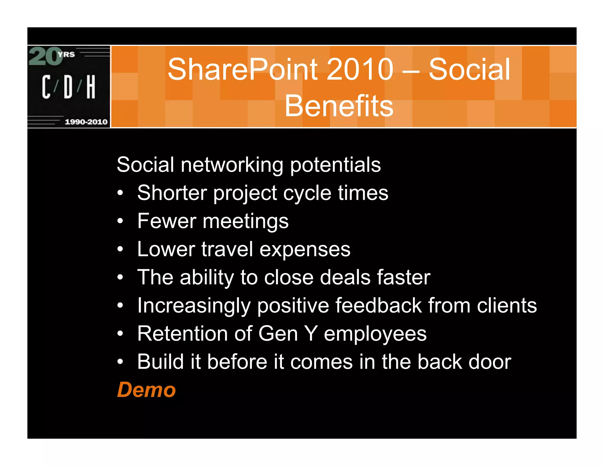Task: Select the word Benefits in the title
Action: pos(339,106)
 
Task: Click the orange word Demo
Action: pos(146,390)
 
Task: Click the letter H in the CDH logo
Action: pos(91,87)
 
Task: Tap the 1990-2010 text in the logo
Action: pos(86,122)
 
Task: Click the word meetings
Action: pos(245,221)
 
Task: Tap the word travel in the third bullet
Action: pos(227,249)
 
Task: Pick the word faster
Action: pos(404,277)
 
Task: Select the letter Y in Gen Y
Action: pos(311,334)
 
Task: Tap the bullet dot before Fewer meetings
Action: pos(120,221)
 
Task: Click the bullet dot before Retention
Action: pos(120,334)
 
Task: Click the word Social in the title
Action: pos(469,70)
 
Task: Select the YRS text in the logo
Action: pos(66,54)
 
